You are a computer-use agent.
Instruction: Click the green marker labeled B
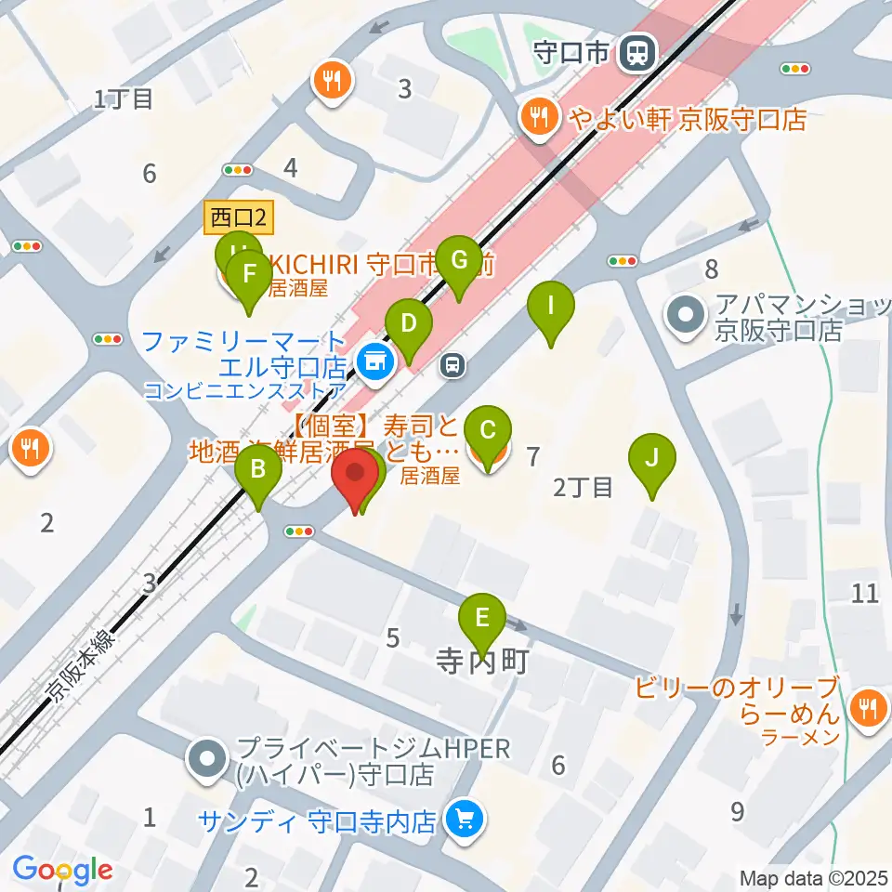[259, 470]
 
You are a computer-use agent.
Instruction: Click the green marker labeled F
[249, 276]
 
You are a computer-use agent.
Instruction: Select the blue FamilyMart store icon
[374, 365]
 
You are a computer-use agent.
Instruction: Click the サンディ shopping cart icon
[463, 819]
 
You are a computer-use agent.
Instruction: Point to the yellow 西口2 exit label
[238, 219]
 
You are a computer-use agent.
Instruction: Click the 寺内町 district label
[482, 662]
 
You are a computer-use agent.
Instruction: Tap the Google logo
[63, 871]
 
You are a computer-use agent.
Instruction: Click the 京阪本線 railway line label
[83, 664]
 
